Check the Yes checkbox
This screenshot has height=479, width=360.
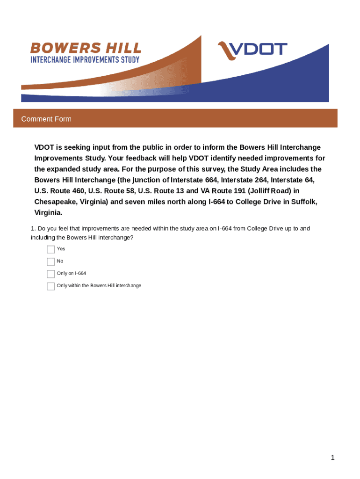[50, 249]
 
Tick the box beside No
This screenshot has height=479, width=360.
[50, 261]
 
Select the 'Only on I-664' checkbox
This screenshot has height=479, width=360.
[50, 274]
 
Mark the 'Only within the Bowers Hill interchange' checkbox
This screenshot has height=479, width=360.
[50, 286]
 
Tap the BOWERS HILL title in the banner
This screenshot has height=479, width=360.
[86, 48]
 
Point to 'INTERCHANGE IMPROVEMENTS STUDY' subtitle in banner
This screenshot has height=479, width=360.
[85, 60]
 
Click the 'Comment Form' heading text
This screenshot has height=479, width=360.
[46, 119]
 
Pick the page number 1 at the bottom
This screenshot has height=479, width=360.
[332, 458]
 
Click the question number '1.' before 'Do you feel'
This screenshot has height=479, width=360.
[33, 229]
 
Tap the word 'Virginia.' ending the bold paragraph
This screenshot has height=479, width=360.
[48, 212]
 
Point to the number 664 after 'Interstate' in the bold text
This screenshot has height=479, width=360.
[208, 180]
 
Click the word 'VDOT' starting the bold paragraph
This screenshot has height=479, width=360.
[44, 147]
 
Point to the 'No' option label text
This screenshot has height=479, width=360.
[60, 261]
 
